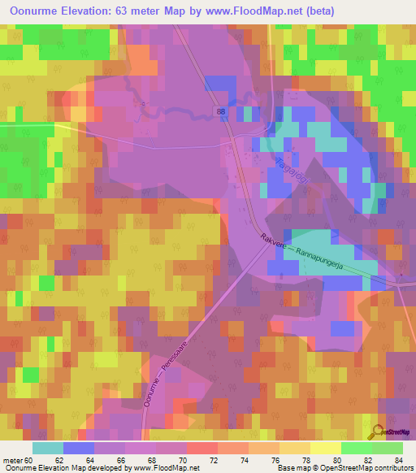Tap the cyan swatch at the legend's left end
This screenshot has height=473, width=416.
click(48, 448)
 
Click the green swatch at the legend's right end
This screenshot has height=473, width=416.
click(387, 448)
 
